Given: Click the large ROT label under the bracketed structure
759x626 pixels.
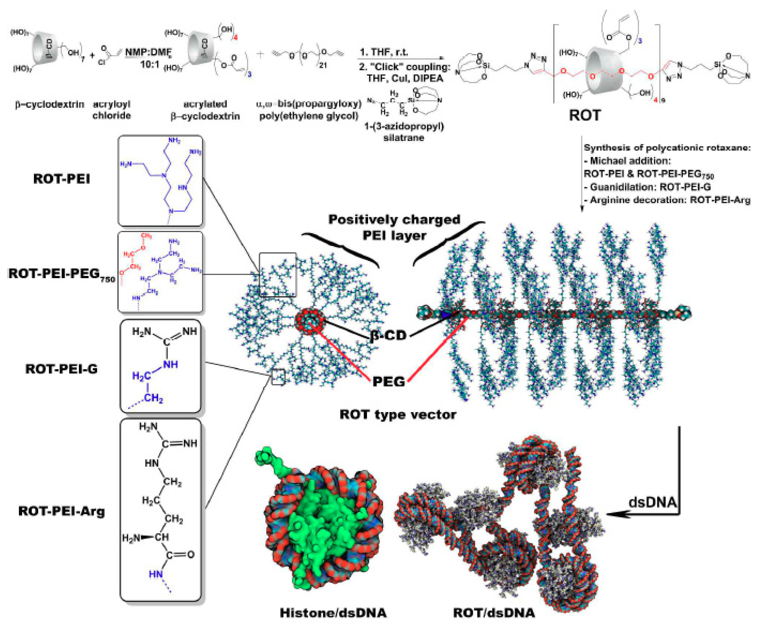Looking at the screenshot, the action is point(585,115).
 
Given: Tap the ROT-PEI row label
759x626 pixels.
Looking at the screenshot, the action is point(62,179).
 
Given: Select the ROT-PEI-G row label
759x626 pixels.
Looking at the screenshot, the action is point(62,369).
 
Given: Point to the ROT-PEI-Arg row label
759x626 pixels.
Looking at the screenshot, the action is point(62,511).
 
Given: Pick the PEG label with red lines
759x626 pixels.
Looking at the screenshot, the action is point(389,381).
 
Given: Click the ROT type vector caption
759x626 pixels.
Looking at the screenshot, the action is point(398,415).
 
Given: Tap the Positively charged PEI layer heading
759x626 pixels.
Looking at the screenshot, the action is point(394,227).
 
